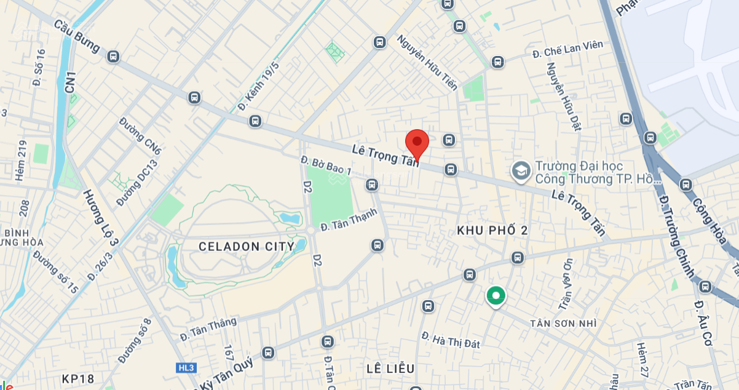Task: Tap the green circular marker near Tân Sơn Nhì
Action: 495,296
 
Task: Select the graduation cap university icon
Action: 521,172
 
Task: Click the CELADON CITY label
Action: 246,247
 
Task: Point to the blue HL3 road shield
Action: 185,368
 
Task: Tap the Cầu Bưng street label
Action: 77,36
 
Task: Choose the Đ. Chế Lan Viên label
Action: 568,49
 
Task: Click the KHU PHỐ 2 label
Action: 492,230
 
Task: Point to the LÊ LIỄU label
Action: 390,368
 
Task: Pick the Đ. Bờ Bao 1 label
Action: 326,165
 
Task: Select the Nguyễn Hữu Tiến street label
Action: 427,62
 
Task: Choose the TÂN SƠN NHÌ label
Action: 563,323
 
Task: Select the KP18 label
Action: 78,378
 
